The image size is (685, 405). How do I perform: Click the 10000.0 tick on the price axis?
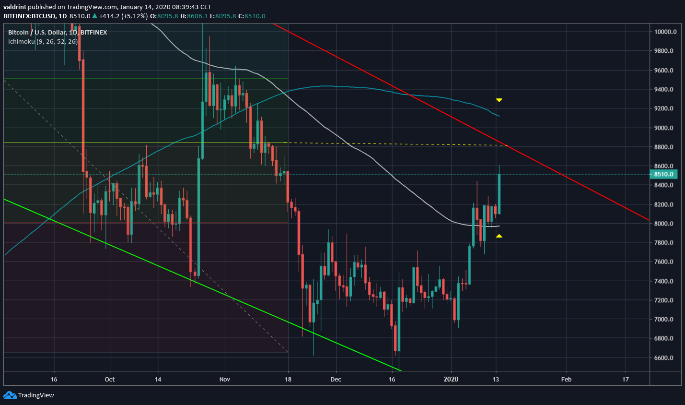click(665, 32)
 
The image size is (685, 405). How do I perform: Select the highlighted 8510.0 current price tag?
click(664, 175)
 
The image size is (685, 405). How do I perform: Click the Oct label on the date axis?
click(110, 380)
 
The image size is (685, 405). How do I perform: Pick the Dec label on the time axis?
click(336, 380)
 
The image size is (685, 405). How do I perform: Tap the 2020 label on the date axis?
click(451, 380)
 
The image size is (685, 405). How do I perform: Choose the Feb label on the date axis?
click(566, 380)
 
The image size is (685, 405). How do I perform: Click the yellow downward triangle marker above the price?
click(499, 100)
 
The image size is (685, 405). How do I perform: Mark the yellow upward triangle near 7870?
click(499, 236)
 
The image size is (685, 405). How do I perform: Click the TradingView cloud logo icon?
click(10, 395)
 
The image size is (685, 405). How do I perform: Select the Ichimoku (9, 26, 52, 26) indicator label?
click(43, 42)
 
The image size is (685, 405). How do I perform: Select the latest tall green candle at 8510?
click(499, 194)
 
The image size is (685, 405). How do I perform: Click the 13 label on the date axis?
click(496, 380)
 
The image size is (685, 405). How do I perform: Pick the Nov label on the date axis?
click(225, 380)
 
